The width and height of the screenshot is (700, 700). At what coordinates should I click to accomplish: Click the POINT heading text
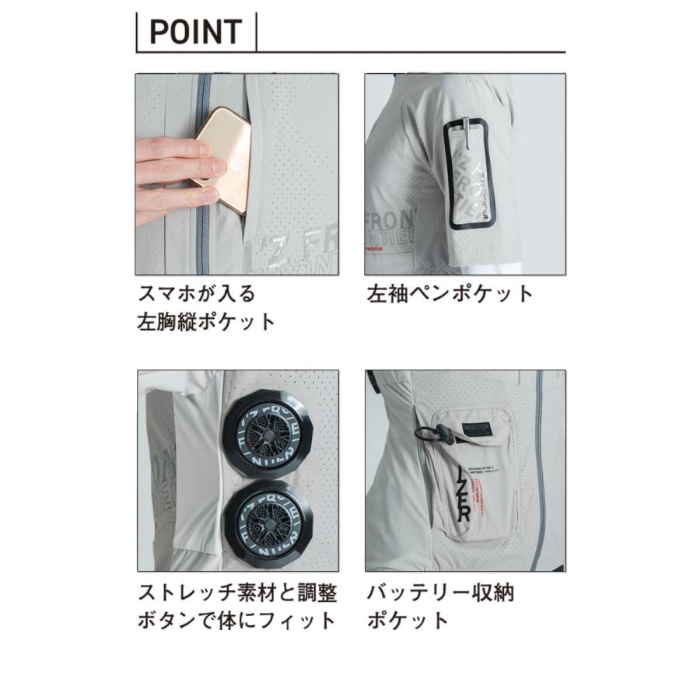tap(195, 33)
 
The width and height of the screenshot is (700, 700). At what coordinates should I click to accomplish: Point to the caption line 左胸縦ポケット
tap(206, 322)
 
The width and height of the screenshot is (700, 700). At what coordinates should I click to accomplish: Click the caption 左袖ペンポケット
tap(450, 294)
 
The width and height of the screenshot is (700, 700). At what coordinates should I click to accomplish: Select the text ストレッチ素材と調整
tap(237, 593)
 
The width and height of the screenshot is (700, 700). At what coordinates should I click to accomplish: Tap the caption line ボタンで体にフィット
tap(237, 621)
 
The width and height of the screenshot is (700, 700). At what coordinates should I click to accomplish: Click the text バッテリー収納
tap(440, 593)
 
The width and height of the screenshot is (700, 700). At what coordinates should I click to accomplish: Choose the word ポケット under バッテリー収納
tap(408, 621)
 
